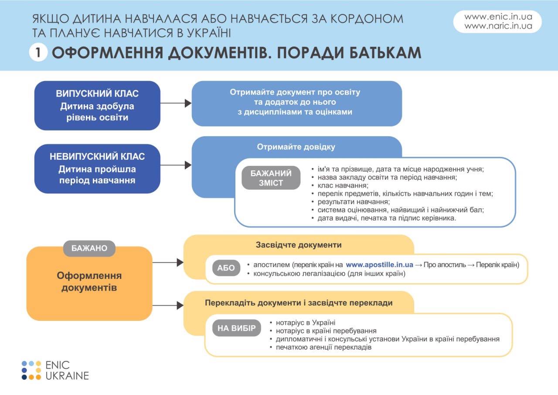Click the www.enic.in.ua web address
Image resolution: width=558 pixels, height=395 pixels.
coord(498,17)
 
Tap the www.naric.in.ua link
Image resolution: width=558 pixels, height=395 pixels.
coord(498,26)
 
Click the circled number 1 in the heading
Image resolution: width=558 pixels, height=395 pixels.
coord(38,53)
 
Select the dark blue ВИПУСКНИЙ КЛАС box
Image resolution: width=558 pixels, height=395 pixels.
coord(97,106)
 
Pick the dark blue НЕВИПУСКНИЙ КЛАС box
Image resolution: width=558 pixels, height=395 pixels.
coord(97,168)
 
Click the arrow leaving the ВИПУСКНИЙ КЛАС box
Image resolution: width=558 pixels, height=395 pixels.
coord(176,103)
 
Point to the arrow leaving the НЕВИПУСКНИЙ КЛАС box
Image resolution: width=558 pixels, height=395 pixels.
coord(176,165)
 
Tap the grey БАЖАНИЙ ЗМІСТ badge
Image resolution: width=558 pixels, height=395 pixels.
coord(271,178)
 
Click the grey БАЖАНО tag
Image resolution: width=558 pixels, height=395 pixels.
coord(89,248)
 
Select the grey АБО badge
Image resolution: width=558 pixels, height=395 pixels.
coord(226,268)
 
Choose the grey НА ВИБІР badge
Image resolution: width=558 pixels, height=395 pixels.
coord(237,328)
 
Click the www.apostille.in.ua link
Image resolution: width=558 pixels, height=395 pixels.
coord(379,265)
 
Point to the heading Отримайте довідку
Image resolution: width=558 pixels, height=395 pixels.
coord(296,147)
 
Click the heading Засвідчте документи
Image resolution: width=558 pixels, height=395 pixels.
coord(299,245)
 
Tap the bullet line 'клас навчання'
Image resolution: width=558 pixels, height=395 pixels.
coord(343,185)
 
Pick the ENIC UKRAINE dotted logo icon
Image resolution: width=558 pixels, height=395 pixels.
coord(31,370)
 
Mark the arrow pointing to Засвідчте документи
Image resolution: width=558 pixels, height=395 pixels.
coord(168,262)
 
